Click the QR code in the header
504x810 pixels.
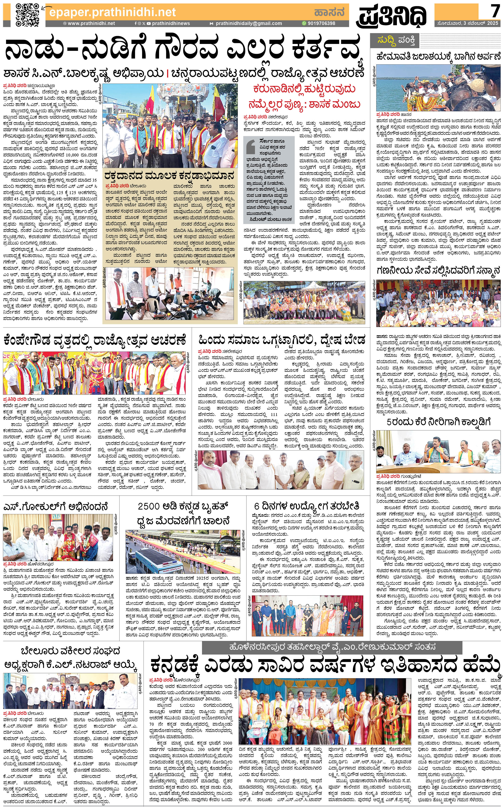pyautogui.click(x=27, y=15)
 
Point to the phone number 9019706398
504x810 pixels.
pyautogui.click(x=319, y=23)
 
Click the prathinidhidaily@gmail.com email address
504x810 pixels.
pyautogui.click(x=248, y=23)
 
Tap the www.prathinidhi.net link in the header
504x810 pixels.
pyautogui.click(x=91, y=23)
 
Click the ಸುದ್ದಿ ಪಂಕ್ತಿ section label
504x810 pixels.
pyautogui.click(x=396, y=41)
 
